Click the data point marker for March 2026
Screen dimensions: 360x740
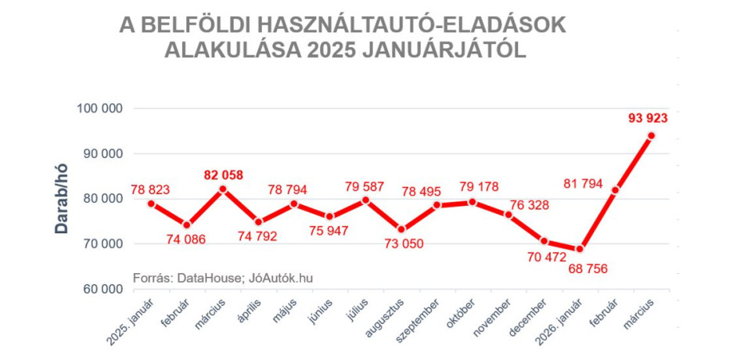pyautogui.click(x=651, y=135)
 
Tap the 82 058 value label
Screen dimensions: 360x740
pyautogui.click(x=223, y=173)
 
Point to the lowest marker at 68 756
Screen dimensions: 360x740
pyautogui.click(x=580, y=249)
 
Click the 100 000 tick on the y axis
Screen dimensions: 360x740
pyautogui.click(x=101, y=109)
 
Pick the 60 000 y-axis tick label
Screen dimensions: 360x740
pyautogui.click(x=104, y=290)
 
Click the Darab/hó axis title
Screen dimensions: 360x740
pyautogui.click(x=62, y=200)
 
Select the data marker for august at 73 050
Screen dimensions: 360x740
pyautogui.click(x=401, y=229)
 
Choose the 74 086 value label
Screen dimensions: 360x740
pyautogui.click(x=186, y=239)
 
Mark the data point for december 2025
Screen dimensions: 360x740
pyautogui.click(x=544, y=241)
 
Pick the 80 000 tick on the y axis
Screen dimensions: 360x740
pyautogui.click(x=104, y=199)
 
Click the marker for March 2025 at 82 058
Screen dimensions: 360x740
pyautogui.click(x=223, y=189)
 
